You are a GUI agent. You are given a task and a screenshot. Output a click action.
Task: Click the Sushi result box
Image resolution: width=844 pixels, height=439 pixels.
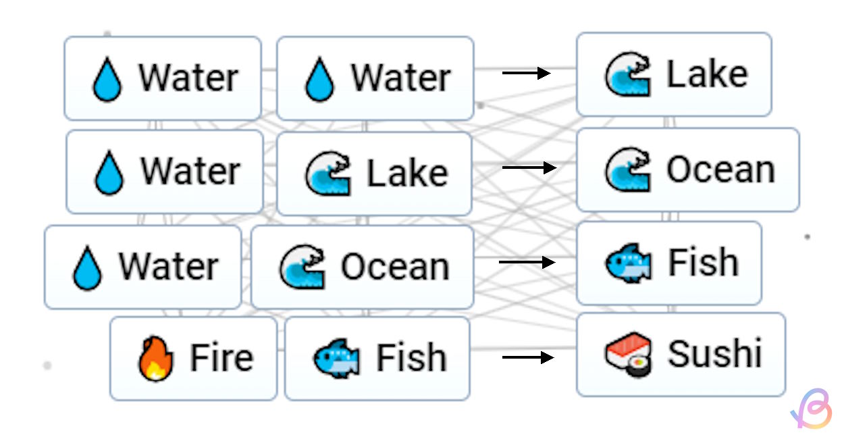point(681,355)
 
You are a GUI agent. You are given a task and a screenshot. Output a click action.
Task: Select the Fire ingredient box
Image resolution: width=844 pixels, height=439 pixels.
point(194,359)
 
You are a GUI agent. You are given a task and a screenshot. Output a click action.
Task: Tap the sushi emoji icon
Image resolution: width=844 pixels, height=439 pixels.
point(628,355)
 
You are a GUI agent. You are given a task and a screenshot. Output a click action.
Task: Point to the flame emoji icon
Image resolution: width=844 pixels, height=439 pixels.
point(156,359)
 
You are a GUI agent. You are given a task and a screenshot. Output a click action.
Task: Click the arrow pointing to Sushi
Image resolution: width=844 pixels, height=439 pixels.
point(528,357)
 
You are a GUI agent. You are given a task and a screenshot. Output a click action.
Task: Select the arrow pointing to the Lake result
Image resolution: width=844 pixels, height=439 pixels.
point(527,73)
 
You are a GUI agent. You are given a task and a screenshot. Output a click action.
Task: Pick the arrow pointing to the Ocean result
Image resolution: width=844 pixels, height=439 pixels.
point(529,167)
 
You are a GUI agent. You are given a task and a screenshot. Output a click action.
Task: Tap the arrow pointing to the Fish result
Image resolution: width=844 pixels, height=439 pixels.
point(527,261)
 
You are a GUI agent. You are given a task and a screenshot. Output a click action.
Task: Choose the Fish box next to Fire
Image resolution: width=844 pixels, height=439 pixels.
point(377,359)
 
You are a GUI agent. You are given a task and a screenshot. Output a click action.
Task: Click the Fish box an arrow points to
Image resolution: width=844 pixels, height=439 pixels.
point(669,263)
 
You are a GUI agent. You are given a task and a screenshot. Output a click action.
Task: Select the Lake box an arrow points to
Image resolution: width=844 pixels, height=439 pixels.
point(674,74)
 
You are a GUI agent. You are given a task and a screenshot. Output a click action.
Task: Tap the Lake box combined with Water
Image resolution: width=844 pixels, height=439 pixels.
point(374,174)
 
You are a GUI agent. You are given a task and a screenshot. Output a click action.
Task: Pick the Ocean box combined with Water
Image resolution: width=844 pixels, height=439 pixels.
point(362,267)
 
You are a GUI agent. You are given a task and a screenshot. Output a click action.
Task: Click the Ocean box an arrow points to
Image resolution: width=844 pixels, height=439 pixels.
point(687,170)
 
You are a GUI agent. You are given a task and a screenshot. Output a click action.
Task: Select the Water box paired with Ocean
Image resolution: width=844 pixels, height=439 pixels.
point(142,267)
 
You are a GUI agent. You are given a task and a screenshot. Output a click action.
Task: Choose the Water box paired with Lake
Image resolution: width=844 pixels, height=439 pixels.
point(164,172)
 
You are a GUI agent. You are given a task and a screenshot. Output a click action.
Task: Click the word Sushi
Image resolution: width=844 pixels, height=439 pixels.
point(714,353)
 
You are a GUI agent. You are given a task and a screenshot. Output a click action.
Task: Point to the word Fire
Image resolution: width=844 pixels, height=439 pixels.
point(221,357)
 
